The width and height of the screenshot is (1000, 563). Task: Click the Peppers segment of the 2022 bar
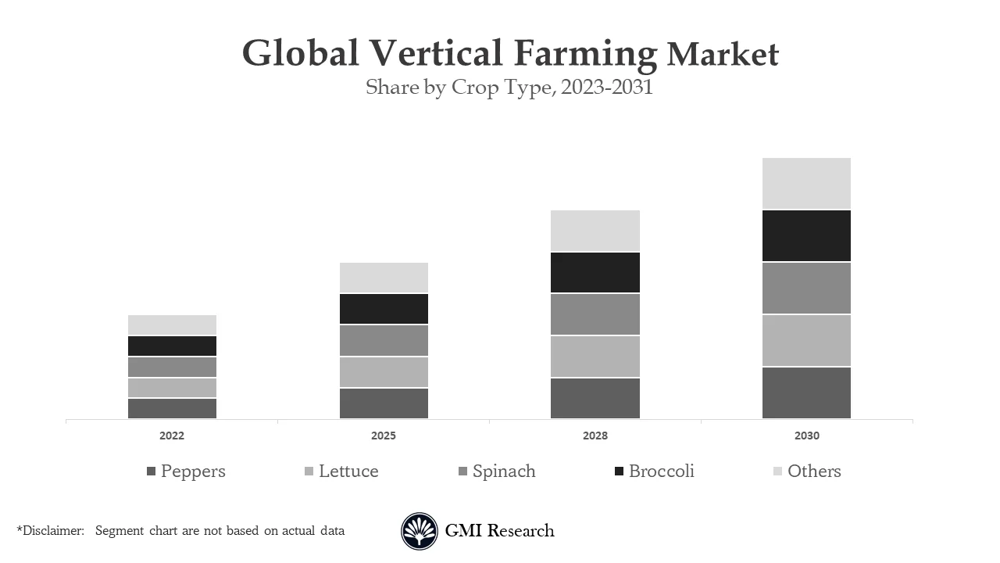[172, 408]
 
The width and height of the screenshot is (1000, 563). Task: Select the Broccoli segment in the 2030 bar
[806, 235]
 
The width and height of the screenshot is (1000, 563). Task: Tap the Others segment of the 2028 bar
[595, 231]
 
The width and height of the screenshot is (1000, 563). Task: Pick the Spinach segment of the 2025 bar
[384, 340]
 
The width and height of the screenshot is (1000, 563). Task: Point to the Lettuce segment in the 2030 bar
[806, 340]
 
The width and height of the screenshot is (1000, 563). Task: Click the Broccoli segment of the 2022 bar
[172, 346]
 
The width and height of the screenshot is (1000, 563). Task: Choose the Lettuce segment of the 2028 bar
[595, 357]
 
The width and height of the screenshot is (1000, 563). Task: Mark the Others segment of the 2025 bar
[384, 278]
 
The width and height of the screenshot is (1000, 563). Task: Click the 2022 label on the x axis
[172, 436]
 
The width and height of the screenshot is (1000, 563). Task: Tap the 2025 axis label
[384, 436]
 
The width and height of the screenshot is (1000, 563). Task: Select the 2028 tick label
[595, 436]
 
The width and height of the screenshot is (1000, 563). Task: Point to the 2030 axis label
[806, 436]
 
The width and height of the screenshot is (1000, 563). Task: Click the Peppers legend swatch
[152, 472]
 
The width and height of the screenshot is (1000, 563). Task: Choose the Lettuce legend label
[348, 471]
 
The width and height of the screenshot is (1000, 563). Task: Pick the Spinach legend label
[504, 471]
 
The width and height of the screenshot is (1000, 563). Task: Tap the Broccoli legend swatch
[620, 472]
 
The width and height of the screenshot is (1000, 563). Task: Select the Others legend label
[814, 471]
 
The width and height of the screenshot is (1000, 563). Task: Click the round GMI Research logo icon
[420, 532]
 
